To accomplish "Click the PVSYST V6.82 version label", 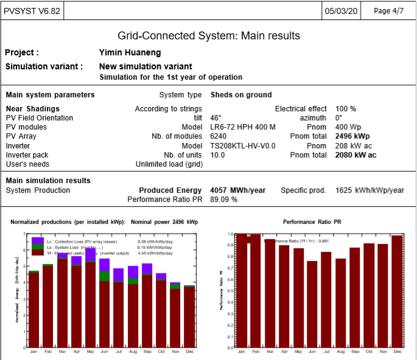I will click(x=32, y=11).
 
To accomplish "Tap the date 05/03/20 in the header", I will click(x=342, y=11).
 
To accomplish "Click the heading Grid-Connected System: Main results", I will click(x=208, y=36).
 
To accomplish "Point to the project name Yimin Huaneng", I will click(x=126, y=53).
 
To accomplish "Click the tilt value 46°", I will click(x=216, y=118).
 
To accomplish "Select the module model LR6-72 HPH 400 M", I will click(x=243, y=127).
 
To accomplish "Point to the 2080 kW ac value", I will click(x=356, y=155).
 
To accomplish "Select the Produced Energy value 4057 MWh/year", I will click(x=238, y=190).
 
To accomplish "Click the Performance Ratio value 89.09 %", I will click(x=223, y=199).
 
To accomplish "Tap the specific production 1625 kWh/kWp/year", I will click(x=370, y=190).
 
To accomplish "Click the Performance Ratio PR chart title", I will click(x=312, y=222).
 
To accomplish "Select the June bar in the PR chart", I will click(x=312, y=304).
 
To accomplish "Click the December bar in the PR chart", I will click(x=398, y=291).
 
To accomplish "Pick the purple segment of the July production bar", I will click(x=118, y=274).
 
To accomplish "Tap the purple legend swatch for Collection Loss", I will click(x=38, y=241).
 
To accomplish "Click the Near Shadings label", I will click(x=32, y=109).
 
